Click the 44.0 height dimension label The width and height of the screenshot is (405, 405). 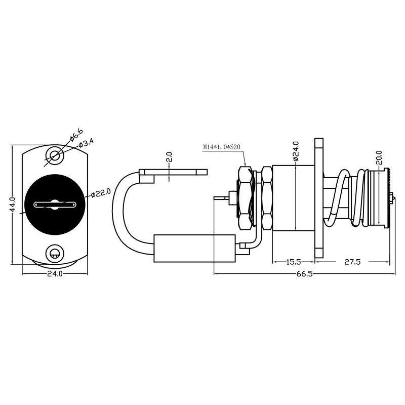(x=13, y=205)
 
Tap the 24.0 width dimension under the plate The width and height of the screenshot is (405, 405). (x=55, y=274)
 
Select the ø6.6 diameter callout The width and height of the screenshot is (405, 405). (x=76, y=135)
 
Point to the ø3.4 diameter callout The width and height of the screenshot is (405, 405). (x=86, y=143)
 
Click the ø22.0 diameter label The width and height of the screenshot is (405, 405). (x=101, y=193)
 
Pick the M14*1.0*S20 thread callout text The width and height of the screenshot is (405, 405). (x=222, y=147)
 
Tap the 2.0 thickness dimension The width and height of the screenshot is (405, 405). (x=169, y=157)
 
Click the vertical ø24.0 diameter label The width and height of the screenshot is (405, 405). (x=296, y=151)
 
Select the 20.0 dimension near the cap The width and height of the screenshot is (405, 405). (x=379, y=158)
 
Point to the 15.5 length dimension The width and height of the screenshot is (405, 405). (x=294, y=262)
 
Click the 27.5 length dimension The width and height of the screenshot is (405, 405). (x=352, y=262)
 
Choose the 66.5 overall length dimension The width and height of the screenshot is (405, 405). (x=305, y=274)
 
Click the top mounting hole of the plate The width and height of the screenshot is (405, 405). (x=55, y=156)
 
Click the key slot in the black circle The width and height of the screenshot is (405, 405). (x=55, y=205)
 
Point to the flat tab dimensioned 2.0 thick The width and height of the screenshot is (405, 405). (x=173, y=172)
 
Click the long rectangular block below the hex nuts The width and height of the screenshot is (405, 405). (x=194, y=249)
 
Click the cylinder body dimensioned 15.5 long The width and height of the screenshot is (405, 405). (x=294, y=198)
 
